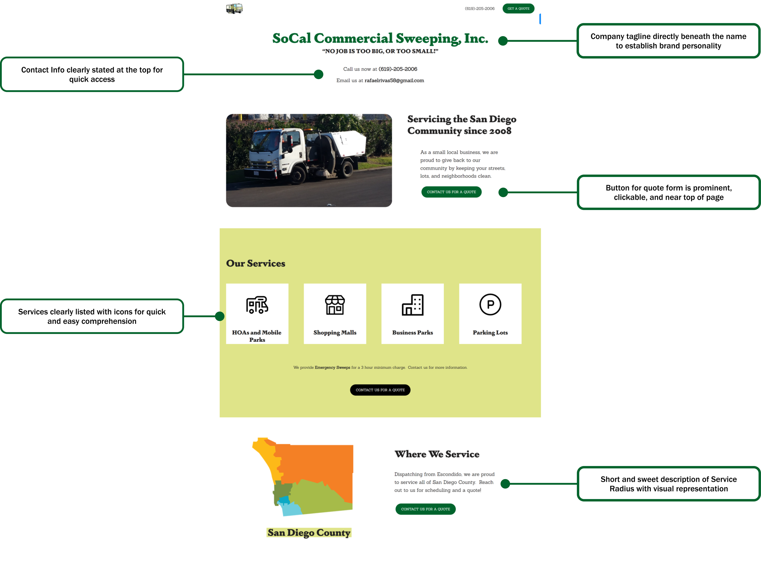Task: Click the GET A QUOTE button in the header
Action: [518, 9]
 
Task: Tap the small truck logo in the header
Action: [234, 8]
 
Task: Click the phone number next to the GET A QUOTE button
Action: [479, 9]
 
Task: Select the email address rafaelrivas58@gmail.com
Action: [394, 81]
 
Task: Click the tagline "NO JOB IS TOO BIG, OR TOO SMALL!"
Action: [380, 51]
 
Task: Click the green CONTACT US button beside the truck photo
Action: [451, 192]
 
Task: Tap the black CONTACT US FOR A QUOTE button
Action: [380, 390]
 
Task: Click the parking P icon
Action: [490, 305]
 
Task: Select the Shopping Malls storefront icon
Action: [335, 305]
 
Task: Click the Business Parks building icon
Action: [412, 305]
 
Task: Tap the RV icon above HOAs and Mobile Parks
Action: [257, 305]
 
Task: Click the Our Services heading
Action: [256, 264]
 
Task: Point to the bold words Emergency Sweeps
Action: [332, 368]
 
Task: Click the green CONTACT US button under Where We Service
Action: [426, 509]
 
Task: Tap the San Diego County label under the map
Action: [309, 533]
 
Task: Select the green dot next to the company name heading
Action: [503, 41]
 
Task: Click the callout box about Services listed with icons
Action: [92, 316]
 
